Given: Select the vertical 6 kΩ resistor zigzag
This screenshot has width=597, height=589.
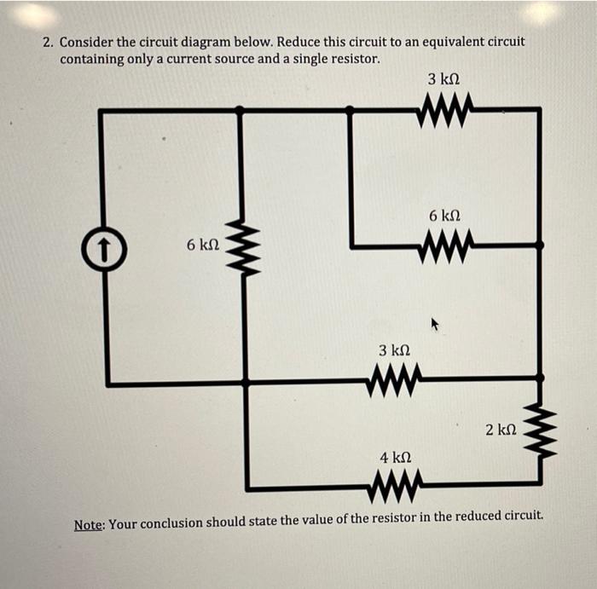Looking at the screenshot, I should click(241, 247).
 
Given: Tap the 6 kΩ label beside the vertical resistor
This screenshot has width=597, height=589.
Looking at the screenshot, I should click(203, 245).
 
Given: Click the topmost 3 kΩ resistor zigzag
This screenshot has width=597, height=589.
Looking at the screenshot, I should click(444, 109).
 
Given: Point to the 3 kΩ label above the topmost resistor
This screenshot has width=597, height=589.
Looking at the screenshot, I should click(443, 79).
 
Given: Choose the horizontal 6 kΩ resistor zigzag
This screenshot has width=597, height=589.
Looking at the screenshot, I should click(444, 247).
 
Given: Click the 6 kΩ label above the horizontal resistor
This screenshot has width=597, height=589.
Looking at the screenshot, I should click(444, 217).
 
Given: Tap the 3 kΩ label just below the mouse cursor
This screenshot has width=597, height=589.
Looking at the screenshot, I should click(394, 350).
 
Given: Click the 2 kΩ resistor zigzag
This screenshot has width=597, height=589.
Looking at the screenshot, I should click(538, 430).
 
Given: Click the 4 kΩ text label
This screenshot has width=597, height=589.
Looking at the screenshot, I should click(395, 459).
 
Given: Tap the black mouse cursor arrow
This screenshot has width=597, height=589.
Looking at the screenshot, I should click(434, 323).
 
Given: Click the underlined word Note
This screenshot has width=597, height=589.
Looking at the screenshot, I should click(89, 523).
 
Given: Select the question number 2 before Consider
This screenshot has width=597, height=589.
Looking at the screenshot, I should click(48, 42).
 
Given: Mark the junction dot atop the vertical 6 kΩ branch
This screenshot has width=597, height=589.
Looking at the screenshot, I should click(240, 109).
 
